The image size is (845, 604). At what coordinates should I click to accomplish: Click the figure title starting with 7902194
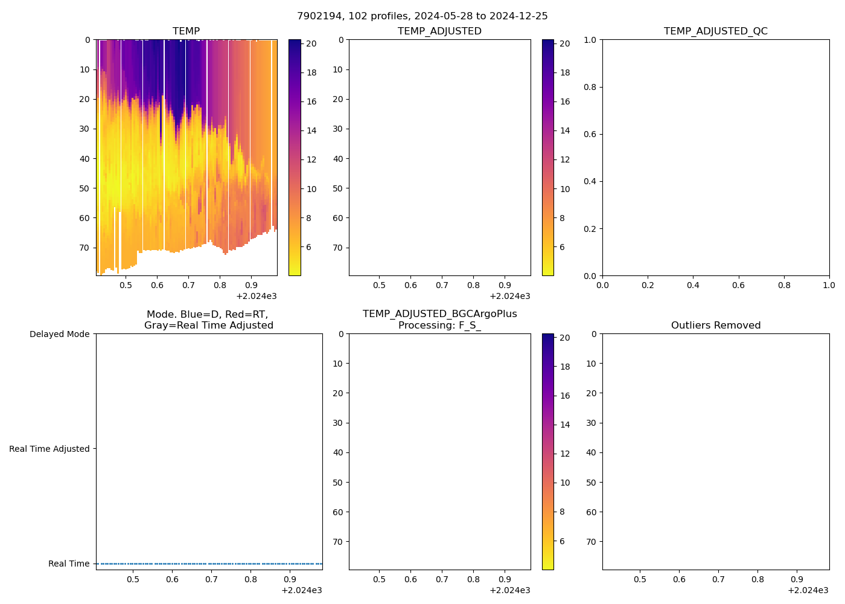tap(422, 16)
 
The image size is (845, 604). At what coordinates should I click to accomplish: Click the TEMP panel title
tap(186, 31)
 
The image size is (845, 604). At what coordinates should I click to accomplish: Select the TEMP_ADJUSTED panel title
tap(439, 31)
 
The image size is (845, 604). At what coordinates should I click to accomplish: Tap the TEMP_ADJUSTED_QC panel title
tap(715, 31)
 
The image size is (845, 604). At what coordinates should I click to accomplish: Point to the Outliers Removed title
tap(715, 326)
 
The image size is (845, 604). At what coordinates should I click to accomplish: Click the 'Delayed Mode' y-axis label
tap(59, 334)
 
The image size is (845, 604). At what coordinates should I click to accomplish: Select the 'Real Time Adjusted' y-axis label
tap(49, 449)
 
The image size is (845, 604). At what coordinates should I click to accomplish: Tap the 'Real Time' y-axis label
tap(69, 564)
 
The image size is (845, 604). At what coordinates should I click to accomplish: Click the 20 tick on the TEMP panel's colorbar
tap(311, 43)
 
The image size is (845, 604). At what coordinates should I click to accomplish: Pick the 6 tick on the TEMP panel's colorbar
tap(309, 247)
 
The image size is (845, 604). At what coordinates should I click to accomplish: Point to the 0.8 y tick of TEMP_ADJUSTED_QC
tap(590, 87)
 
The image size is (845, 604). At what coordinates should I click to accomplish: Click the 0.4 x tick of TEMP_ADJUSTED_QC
tap(693, 285)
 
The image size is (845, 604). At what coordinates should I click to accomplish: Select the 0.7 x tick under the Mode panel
tap(211, 579)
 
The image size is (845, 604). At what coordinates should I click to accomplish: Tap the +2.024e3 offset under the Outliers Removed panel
tap(808, 590)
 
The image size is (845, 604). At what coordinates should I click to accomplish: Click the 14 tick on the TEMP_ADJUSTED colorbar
tap(565, 130)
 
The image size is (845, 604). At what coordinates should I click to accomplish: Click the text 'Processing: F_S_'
tap(439, 326)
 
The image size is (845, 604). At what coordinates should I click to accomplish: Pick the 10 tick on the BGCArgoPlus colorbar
tap(565, 483)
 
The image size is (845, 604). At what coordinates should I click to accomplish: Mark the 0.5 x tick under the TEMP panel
tap(126, 285)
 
